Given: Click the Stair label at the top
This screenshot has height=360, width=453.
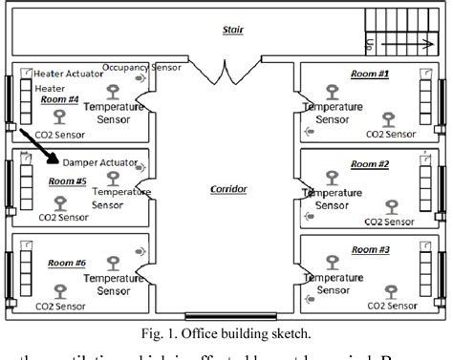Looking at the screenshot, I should point(232,30).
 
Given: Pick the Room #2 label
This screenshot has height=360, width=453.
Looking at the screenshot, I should point(370,164).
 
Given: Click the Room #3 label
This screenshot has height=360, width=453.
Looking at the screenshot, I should point(370,249).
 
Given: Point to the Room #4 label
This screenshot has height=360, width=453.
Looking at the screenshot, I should point(59,98).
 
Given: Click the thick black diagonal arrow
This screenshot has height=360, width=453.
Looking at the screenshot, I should point(36,146).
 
